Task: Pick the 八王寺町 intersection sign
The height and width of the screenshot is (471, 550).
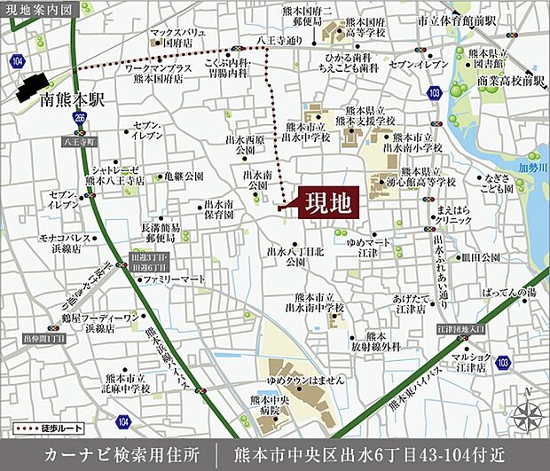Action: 78,141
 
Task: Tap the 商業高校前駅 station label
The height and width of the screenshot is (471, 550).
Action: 509,81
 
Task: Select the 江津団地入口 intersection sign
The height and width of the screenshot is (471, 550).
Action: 462,329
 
